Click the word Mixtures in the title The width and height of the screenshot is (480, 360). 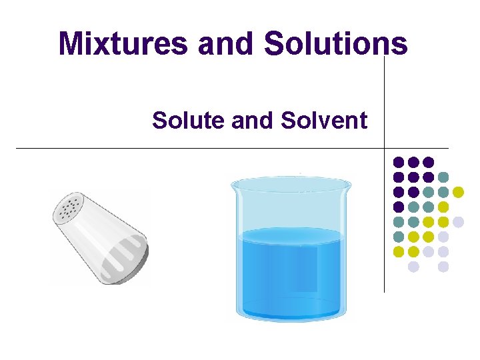point(123,43)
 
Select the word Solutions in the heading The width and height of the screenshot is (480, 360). point(335,43)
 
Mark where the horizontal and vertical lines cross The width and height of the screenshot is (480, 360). point(385,147)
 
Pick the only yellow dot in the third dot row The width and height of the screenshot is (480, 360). point(458,192)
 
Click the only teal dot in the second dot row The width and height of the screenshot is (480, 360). point(443,177)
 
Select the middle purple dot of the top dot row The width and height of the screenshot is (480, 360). point(413,162)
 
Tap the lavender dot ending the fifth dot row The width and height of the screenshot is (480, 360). point(458,222)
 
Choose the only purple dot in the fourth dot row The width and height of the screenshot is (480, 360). point(399,207)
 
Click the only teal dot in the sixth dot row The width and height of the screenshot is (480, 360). point(399,237)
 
